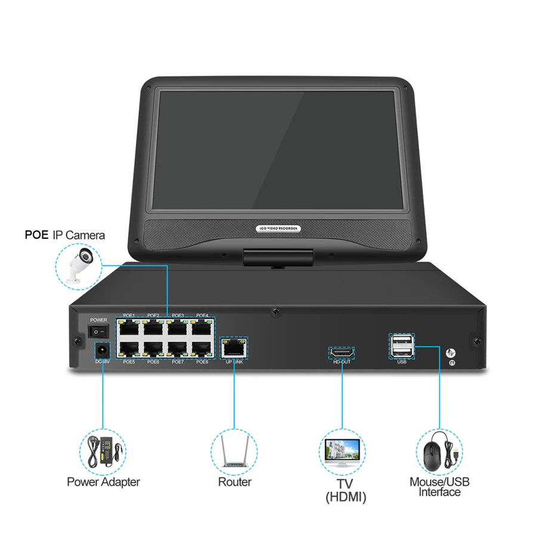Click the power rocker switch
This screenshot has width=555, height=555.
[99, 330]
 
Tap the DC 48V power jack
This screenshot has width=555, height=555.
[102, 349]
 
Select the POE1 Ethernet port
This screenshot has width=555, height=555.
[129, 328]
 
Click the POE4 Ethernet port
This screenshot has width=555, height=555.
[201, 328]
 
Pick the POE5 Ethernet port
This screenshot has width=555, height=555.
[129, 349]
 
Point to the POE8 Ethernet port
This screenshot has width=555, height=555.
[201, 349]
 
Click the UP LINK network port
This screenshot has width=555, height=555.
[233, 347]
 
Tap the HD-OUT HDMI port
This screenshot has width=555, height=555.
[342, 353]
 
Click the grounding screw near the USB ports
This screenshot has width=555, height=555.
[452, 353]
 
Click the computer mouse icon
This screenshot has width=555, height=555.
[439, 452]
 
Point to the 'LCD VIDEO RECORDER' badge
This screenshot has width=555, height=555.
[277, 229]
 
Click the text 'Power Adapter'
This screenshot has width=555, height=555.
[103, 482]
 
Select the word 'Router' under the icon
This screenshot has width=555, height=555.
[235, 482]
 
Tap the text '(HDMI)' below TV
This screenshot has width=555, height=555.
[346, 497]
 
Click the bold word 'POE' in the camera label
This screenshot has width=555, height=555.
[35, 235]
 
